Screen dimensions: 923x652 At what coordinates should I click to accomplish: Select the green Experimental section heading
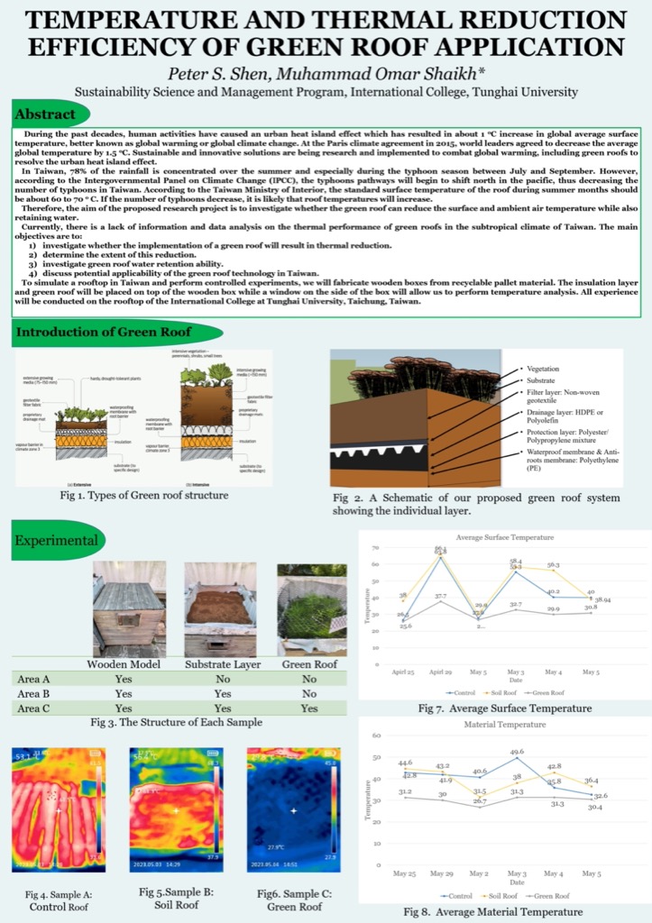pyautogui.click(x=56, y=540)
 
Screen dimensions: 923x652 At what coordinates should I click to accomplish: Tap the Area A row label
pyautogui.click(x=34, y=680)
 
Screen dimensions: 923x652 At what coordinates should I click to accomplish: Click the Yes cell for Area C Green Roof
pyautogui.click(x=308, y=708)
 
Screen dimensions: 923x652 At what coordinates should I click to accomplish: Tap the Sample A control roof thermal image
pyautogui.click(x=59, y=809)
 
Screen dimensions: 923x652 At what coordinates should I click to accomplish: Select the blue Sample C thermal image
pyautogui.click(x=294, y=809)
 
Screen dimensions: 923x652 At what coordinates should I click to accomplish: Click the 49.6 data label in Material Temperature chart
pyautogui.click(x=517, y=751)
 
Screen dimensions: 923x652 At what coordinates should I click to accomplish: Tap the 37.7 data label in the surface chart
pyautogui.click(x=441, y=596)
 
